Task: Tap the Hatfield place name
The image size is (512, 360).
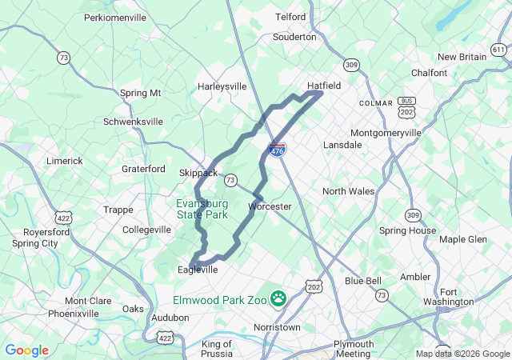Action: [x=325, y=85]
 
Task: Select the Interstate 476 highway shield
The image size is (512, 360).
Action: [x=277, y=150]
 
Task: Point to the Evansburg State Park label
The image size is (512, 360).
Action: [x=202, y=209]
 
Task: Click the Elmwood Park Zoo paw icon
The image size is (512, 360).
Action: [x=278, y=298]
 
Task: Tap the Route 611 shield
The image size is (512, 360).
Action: [x=499, y=50]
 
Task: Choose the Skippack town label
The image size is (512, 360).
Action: [x=198, y=172]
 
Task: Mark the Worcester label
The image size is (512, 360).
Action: [x=270, y=206]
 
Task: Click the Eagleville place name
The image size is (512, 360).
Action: [x=197, y=270]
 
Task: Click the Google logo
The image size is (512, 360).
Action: [x=26, y=350]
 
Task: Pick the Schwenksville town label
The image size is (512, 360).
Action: [x=133, y=122]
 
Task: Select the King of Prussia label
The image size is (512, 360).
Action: [x=217, y=349]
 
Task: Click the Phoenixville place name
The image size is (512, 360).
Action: [x=73, y=314]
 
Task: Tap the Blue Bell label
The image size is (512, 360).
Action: [x=363, y=281]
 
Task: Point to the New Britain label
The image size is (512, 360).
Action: [x=462, y=57]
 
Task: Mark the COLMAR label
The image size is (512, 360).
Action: [x=376, y=103]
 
